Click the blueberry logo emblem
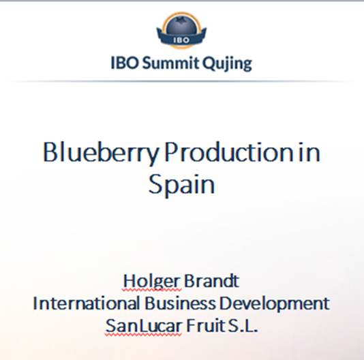pos(181,31)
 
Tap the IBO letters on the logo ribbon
pos(181,40)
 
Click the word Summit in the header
pos(170,63)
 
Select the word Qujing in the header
pos(227,63)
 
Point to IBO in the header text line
pos(125,63)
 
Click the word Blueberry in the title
pos(101,153)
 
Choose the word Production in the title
pos(229,151)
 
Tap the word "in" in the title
pos(309,152)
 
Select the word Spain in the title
pos(181,184)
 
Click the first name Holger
pos(151,282)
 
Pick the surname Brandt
pos(211,281)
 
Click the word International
pos(87,303)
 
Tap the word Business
pos(180,303)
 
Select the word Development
pos(275,304)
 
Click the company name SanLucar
pos(143,326)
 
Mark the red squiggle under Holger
pos(151,290)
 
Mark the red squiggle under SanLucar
pos(143,335)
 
